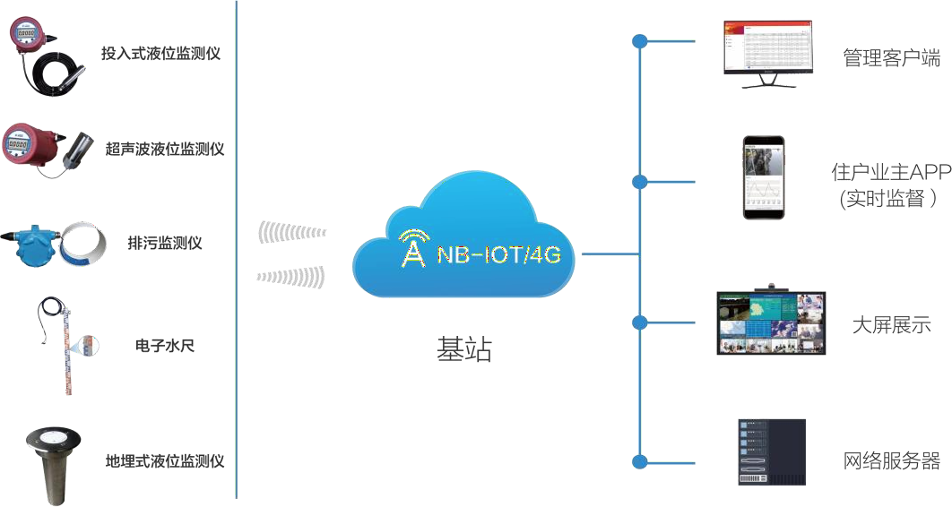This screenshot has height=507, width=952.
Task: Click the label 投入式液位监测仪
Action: tap(160, 54)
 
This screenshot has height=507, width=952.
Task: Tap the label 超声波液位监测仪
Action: tap(164, 149)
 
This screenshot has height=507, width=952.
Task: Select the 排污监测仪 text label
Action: tap(165, 243)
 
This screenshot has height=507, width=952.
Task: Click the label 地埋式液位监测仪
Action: tap(164, 462)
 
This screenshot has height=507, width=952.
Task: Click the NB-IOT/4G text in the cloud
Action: tap(498, 254)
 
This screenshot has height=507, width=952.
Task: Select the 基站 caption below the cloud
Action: tap(464, 349)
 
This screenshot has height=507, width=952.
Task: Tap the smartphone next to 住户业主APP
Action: tap(762, 177)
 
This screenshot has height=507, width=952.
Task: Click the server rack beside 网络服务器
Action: tap(771, 452)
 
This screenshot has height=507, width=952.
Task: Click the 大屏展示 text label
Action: tap(891, 324)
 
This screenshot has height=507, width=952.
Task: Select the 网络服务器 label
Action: tap(891, 461)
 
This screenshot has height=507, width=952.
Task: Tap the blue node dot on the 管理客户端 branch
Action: tap(639, 41)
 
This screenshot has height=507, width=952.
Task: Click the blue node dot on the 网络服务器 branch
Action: tap(639, 461)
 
